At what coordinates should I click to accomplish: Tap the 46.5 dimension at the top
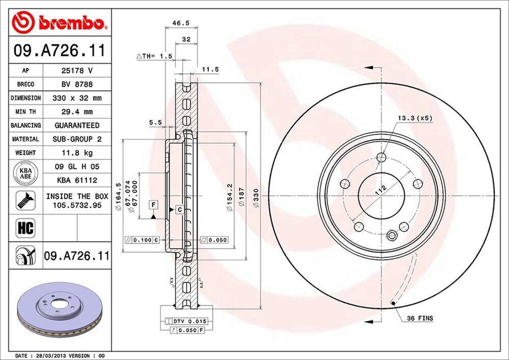tap(177, 23)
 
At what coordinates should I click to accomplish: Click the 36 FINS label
tap(420, 318)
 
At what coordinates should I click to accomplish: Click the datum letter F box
tap(154, 204)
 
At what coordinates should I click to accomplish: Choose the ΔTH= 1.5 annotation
tap(154, 56)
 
